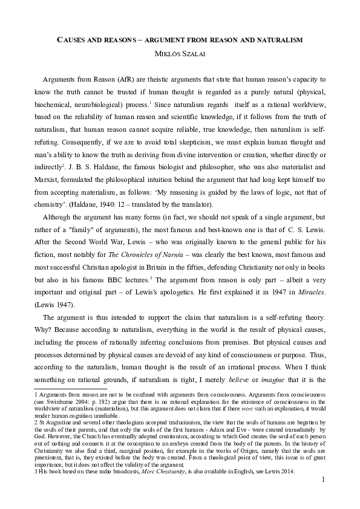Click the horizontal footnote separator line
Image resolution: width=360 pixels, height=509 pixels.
pyautogui.click(x=71, y=389)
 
